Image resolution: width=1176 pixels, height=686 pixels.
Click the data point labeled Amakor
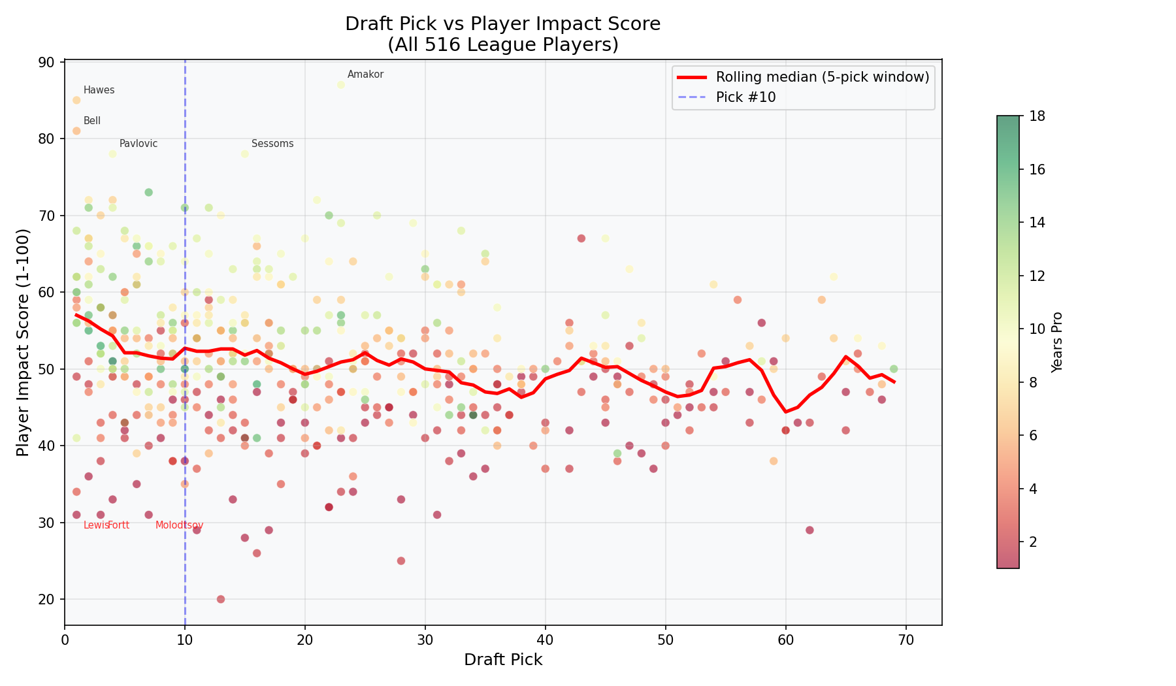coord(340,85)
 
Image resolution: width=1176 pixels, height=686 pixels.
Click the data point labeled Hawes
coord(76,100)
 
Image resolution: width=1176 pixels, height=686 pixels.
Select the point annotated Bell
coord(76,131)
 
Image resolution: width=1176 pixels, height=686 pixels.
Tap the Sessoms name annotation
coord(272,144)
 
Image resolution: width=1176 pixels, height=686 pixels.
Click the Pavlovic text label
coord(139,144)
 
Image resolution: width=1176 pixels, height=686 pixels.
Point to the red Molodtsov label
coord(180,525)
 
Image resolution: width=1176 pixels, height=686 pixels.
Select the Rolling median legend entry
coord(822,77)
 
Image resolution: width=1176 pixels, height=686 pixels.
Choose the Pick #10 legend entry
coord(745,97)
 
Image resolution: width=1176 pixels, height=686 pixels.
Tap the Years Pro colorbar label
coord(1057,342)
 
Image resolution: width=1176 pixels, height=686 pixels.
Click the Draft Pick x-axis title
coord(503,660)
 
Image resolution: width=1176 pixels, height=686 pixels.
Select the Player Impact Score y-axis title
coord(23,342)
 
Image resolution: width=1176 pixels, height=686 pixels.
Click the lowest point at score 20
coord(221,599)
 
